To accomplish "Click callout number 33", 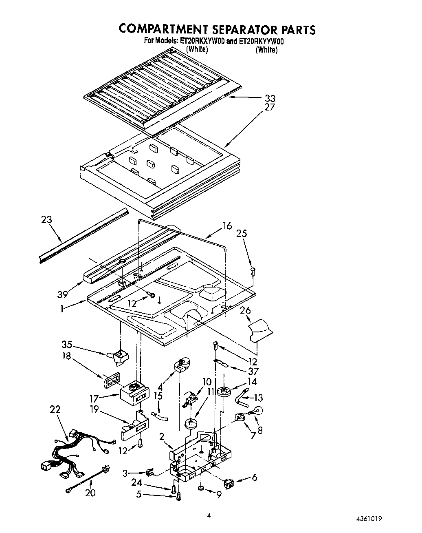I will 270,98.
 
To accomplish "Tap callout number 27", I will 270,108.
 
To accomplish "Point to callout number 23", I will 47,219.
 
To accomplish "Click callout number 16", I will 227,226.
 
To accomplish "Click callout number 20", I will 90,493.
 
